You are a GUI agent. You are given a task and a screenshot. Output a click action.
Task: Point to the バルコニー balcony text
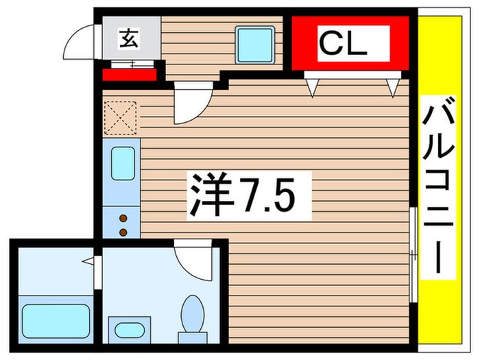coord(437,185)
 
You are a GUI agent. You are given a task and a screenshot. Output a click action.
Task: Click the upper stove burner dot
coord(123,218)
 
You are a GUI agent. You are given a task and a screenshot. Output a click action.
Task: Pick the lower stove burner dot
coord(123,231)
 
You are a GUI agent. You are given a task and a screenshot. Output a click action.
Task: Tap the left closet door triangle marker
coord(313,86)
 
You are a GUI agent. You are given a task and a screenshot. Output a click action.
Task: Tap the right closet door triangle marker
coord(392,86)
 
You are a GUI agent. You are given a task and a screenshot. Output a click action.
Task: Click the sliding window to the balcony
coord(412,254)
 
